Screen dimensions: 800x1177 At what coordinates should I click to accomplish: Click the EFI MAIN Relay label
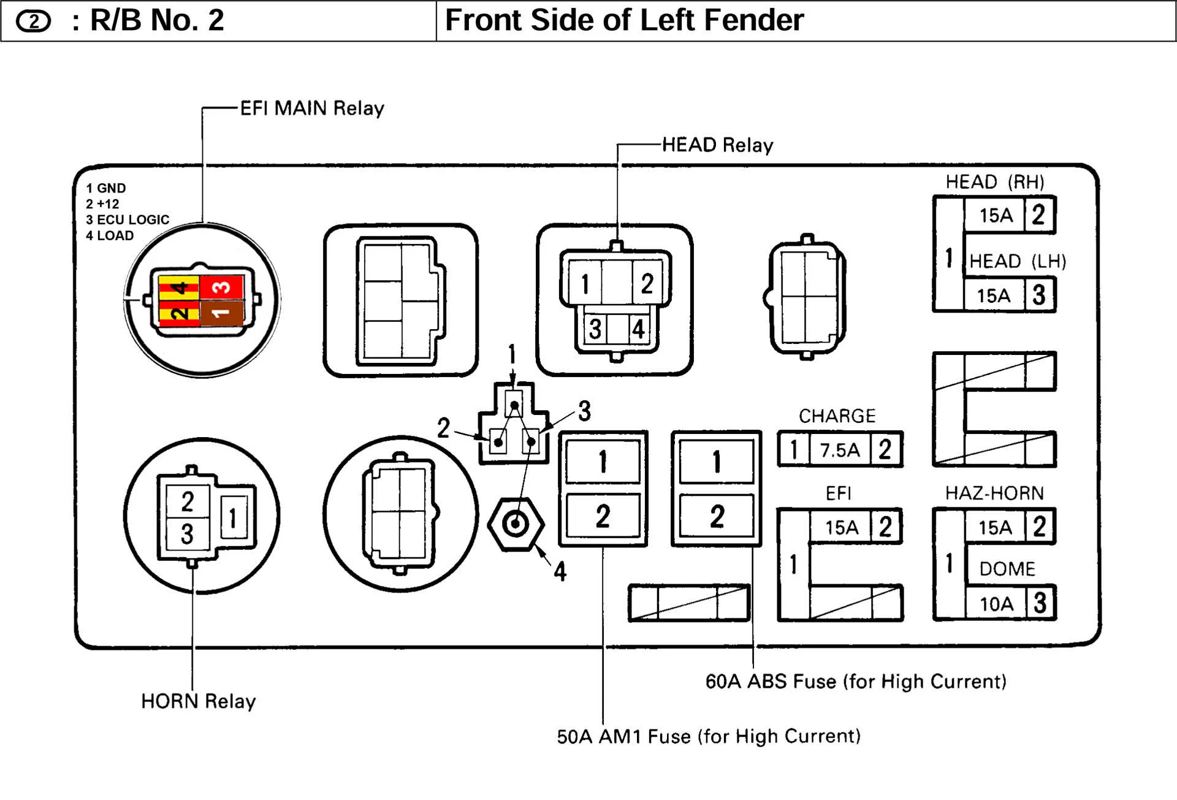pos(311,109)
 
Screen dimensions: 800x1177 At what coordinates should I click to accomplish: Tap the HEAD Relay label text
pos(717,145)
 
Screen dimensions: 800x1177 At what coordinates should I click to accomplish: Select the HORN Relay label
pos(198,701)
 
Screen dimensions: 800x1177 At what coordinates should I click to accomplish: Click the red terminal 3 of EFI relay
pos(222,286)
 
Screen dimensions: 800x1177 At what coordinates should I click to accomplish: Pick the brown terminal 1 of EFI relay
pos(221,313)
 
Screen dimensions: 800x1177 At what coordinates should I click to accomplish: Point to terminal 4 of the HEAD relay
pos(638,329)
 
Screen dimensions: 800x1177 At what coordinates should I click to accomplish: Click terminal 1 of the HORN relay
pos(233,518)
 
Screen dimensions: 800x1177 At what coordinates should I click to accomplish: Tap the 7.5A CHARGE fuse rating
pos(839,451)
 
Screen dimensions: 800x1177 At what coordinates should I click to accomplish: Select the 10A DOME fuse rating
pos(996,604)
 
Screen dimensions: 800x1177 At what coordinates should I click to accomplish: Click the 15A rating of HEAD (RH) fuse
pos(996,215)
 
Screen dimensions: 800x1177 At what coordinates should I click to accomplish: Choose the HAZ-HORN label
pos(994,493)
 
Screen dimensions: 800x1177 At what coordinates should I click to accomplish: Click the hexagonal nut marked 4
pos(515,524)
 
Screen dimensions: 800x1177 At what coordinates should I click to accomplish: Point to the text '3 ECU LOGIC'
pos(128,219)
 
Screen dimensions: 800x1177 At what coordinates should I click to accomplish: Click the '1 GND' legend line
pos(106,188)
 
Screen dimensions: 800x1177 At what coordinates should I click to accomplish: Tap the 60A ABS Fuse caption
pos(856,681)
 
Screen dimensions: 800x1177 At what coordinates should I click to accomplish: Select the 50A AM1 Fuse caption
pos(709,736)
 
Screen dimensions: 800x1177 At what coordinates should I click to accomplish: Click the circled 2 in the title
pos(33,21)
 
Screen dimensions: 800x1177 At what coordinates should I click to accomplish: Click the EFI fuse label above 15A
pos(838,493)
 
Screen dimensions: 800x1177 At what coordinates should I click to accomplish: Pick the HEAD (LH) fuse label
pos(1017,262)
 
